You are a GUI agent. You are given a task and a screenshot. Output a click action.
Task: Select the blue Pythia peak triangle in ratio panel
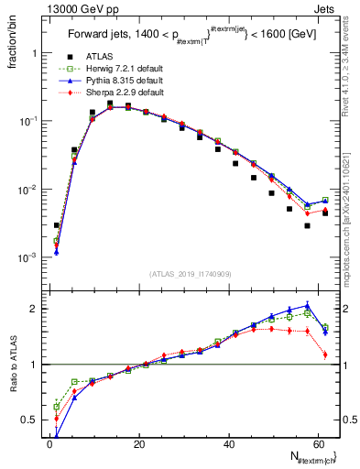[307, 306]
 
